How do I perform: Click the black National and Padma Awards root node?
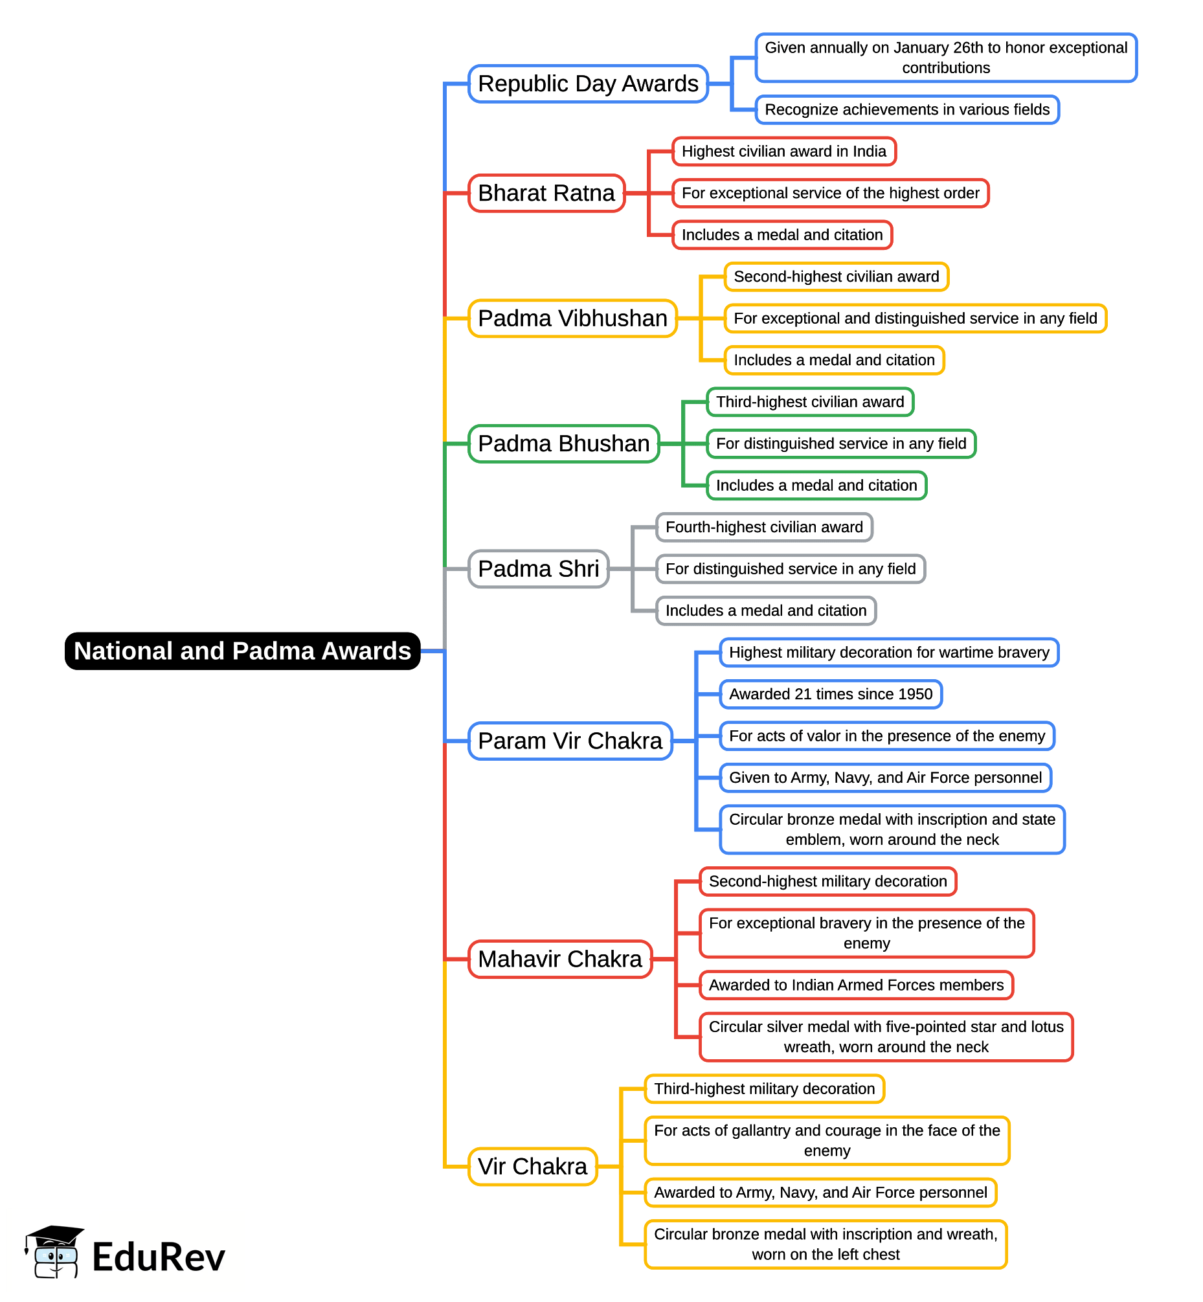242,651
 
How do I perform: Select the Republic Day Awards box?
588,84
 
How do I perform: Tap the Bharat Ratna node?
546,194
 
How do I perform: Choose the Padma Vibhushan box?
572,319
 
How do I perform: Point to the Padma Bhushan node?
564,443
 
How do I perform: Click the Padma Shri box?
538,569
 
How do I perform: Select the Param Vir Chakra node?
570,741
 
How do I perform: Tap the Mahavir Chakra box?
560,959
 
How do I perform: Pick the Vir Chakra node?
532,1167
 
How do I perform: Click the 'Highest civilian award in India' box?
784,152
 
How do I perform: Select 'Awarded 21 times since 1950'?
831,694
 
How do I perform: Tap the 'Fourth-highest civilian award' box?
764,527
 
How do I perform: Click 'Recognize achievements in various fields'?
907,109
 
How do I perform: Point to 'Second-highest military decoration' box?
827,881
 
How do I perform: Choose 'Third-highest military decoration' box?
764,1089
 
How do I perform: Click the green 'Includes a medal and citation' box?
816,486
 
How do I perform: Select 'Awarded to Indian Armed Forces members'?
856,985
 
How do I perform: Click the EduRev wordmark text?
158,1257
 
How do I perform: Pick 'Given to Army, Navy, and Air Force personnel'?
885,778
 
